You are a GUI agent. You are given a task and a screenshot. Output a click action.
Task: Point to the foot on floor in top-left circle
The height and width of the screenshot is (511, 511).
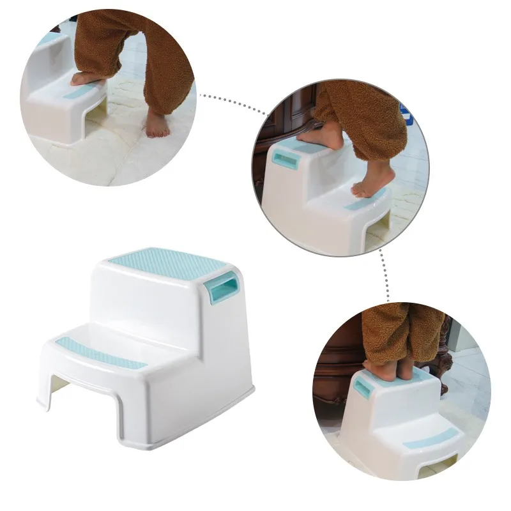(156, 124)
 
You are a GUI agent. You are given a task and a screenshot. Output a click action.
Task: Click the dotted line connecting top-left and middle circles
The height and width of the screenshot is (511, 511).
(233, 102)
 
